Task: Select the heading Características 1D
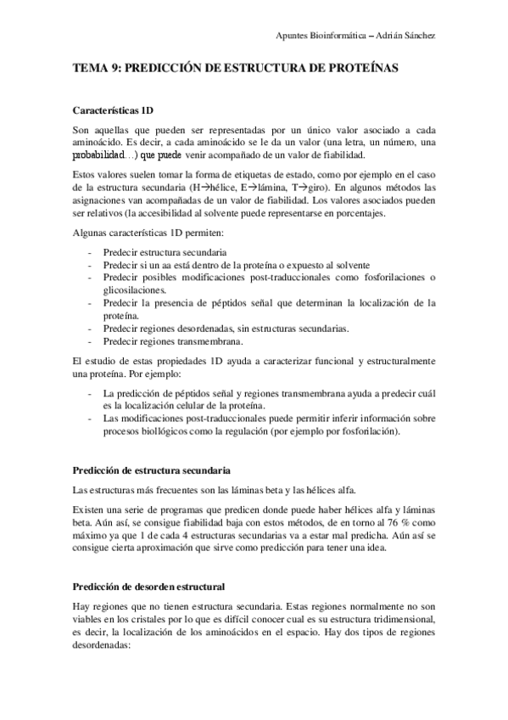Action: coord(113,110)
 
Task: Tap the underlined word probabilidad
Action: coord(102,155)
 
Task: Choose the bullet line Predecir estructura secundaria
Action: coord(165,252)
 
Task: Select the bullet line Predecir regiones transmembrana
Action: coord(171,341)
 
